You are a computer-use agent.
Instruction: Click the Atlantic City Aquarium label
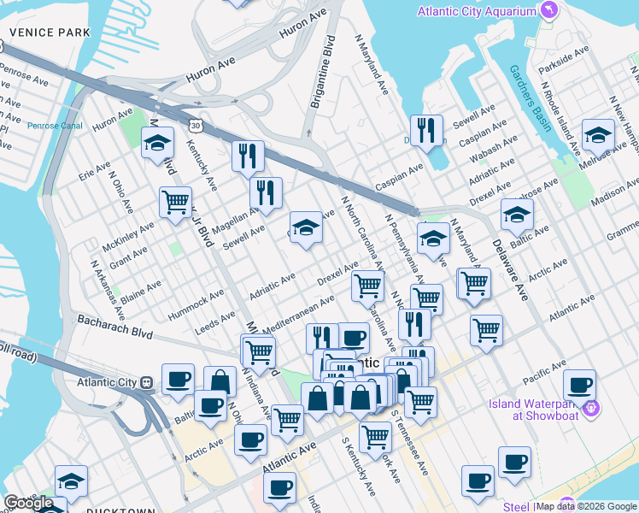(477, 11)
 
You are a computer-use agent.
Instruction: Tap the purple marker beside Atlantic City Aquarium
(548, 11)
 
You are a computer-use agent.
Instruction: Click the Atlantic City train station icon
(146, 382)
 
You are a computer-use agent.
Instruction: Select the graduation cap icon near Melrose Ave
(598, 134)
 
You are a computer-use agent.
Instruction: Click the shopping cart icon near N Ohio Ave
(175, 203)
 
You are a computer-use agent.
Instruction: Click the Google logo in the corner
(28, 503)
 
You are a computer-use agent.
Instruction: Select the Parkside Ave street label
(564, 54)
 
